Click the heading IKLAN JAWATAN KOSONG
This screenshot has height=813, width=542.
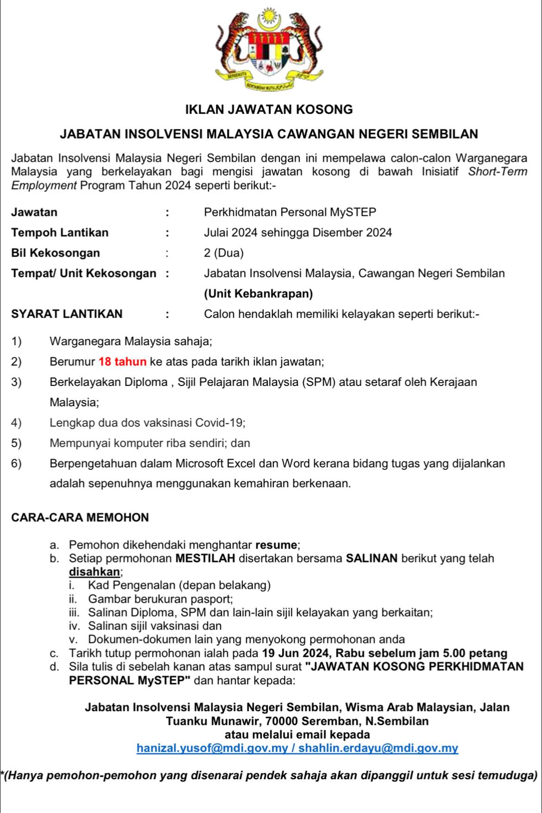click(269, 110)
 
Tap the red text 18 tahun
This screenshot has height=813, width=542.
click(123, 362)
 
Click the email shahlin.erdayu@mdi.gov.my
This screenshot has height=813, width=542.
click(378, 748)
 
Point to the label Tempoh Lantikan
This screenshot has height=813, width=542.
click(60, 233)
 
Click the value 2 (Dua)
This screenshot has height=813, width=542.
click(224, 253)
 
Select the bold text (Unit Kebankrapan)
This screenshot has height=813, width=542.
click(258, 294)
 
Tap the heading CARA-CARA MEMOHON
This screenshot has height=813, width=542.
click(80, 517)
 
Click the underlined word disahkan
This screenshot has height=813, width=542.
click(95, 572)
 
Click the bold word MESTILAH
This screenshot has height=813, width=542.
click(205, 558)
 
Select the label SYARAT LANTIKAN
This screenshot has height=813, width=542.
click(67, 314)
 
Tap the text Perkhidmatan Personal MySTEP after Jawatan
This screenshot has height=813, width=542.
click(290, 213)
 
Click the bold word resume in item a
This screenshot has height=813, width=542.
click(276, 545)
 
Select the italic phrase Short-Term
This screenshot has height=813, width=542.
click(498, 172)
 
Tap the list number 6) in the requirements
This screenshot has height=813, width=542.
click(17, 464)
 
